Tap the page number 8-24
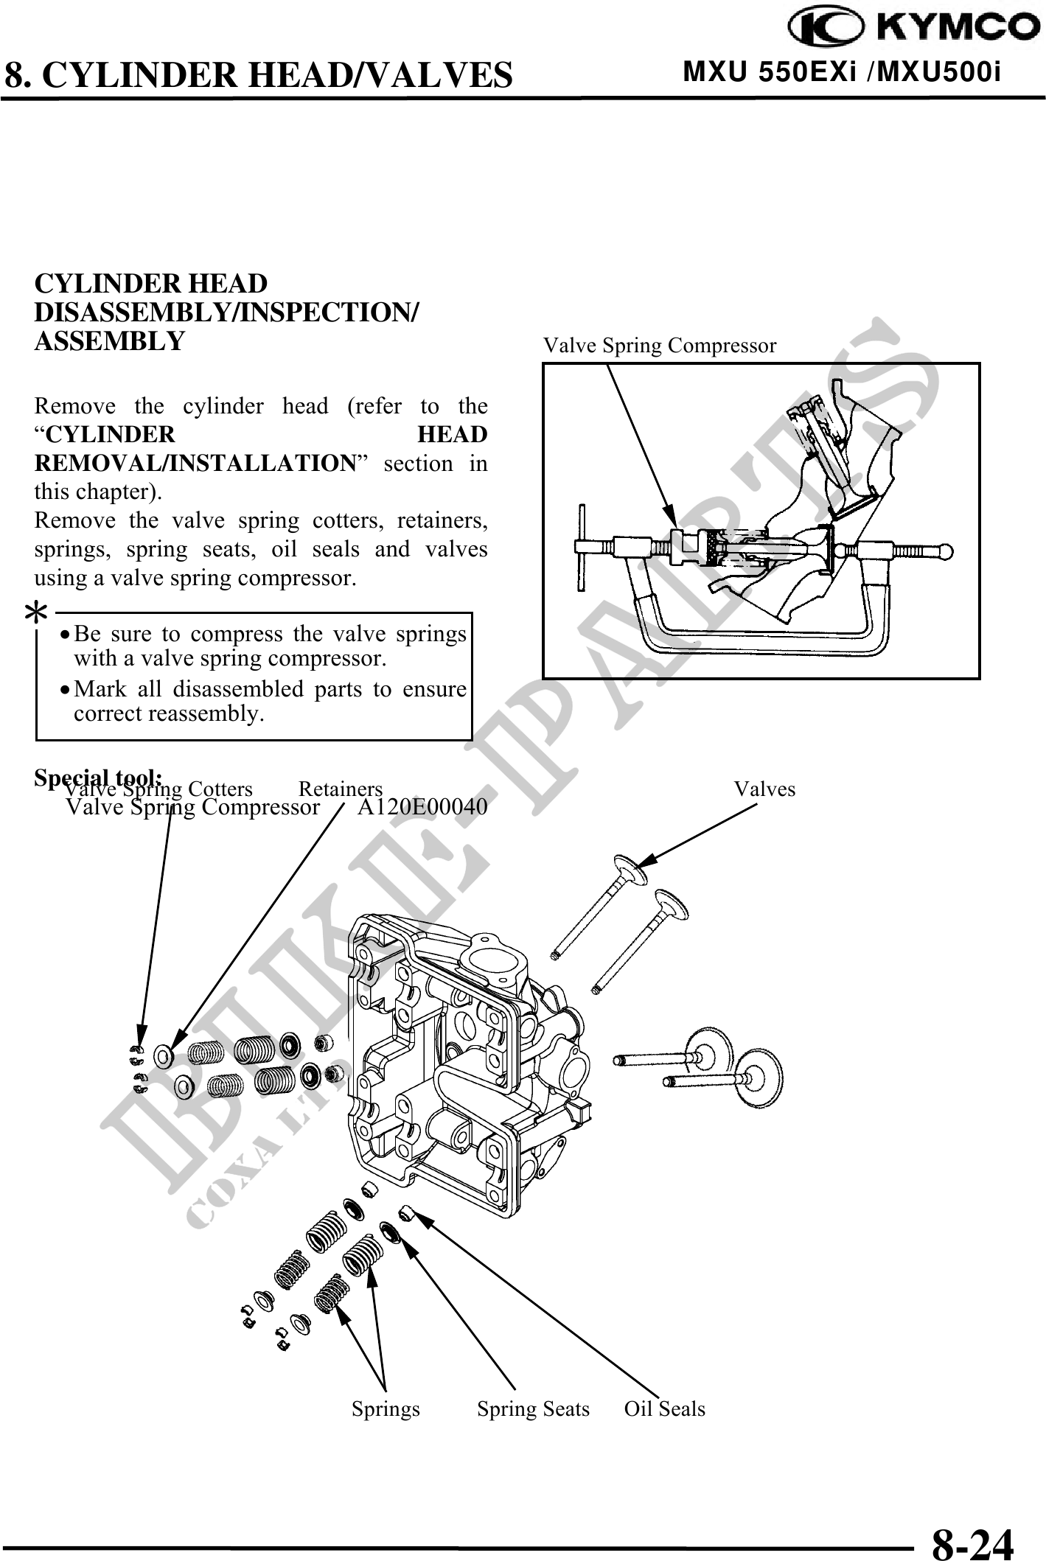tap(972, 1538)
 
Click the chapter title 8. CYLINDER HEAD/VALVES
tap(259, 75)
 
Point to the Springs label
tap(386, 1408)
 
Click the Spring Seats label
tap(533, 1408)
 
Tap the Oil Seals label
tap(664, 1408)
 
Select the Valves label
tap(764, 789)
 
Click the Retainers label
tap(341, 789)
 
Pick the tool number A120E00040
tap(422, 808)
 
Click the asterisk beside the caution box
tap(37, 613)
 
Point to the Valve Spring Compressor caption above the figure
tap(659, 345)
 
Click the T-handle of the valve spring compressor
tap(582, 547)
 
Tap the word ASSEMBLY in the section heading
tap(110, 341)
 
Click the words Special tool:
tap(99, 778)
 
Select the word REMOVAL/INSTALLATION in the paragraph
tap(196, 464)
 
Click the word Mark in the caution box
tap(98, 689)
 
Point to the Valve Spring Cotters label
tap(159, 789)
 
